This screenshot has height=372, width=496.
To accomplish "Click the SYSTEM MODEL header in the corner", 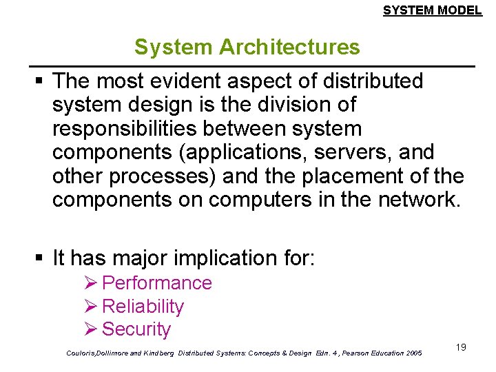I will [432, 10].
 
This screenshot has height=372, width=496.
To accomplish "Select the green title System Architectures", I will [247, 47].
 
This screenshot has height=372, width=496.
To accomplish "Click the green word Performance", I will [156, 283].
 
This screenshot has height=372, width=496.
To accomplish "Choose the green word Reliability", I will [143, 307].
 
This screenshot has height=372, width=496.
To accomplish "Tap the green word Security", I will [136, 330].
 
